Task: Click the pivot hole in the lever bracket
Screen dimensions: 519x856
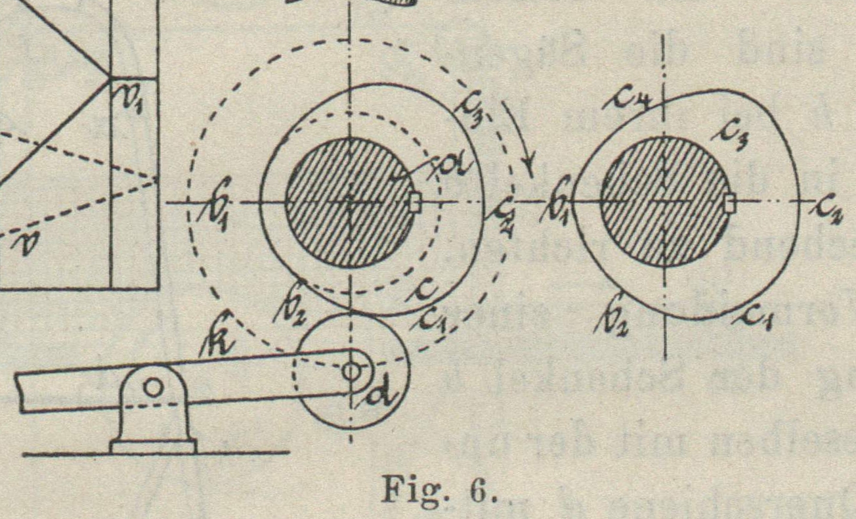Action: pyautogui.click(x=153, y=388)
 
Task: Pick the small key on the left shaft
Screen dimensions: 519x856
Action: pyautogui.click(x=415, y=203)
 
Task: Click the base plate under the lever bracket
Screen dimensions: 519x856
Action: pyautogui.click(x=153, y=447)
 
